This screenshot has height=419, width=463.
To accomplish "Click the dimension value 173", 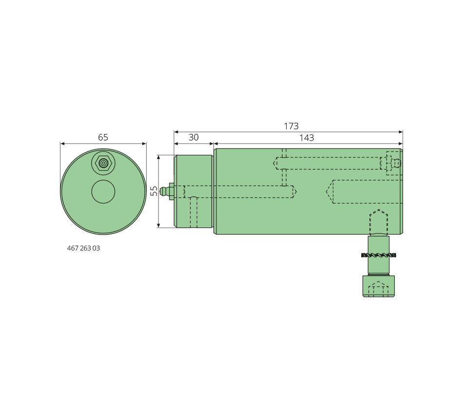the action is point(291,126).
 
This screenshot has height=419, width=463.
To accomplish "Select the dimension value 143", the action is point(307,138).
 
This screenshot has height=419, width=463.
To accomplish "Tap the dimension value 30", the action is point(193,137).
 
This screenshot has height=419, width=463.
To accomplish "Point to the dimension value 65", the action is point(103,137).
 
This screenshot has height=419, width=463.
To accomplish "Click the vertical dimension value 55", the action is point(154,191).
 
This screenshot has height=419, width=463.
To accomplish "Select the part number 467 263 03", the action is point(83,248).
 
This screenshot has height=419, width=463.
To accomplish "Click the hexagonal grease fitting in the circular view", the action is point(103,163).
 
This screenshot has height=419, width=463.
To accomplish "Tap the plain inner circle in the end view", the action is point(103,191).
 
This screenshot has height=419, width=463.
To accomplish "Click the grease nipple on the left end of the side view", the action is point(167,191).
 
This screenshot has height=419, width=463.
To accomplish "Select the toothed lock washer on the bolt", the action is point(379,255).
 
